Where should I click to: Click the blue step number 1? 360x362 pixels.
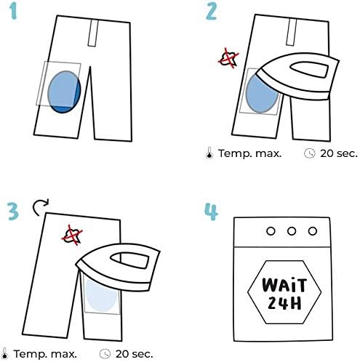coord(14,12)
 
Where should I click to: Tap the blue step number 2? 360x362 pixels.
coord(211,12)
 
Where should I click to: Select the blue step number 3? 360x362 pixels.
coord(13,212)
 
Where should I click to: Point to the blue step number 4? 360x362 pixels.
coord(212,212)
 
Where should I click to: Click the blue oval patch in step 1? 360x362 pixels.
coord(64,92)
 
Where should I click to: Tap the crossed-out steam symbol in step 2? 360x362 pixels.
coord(228,58)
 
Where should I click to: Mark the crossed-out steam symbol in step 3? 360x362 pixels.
coord(72,235)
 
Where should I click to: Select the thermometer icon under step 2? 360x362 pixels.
coord(209,153)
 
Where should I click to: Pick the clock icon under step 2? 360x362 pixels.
coord(310,153)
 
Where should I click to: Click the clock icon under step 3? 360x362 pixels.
coord(105,354)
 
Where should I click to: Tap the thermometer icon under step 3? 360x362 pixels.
coord(4,354)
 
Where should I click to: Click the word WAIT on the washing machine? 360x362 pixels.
coord(284,285)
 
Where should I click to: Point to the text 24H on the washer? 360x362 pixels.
coord(284,302)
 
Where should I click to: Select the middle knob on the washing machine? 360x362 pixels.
coord(292,231)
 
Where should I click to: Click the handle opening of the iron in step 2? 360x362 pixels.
coord(310,70)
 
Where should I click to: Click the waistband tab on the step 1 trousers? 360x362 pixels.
coord(93,33)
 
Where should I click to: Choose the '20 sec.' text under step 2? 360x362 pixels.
coord(339,153)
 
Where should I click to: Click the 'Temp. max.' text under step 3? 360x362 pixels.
coord(45,354)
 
